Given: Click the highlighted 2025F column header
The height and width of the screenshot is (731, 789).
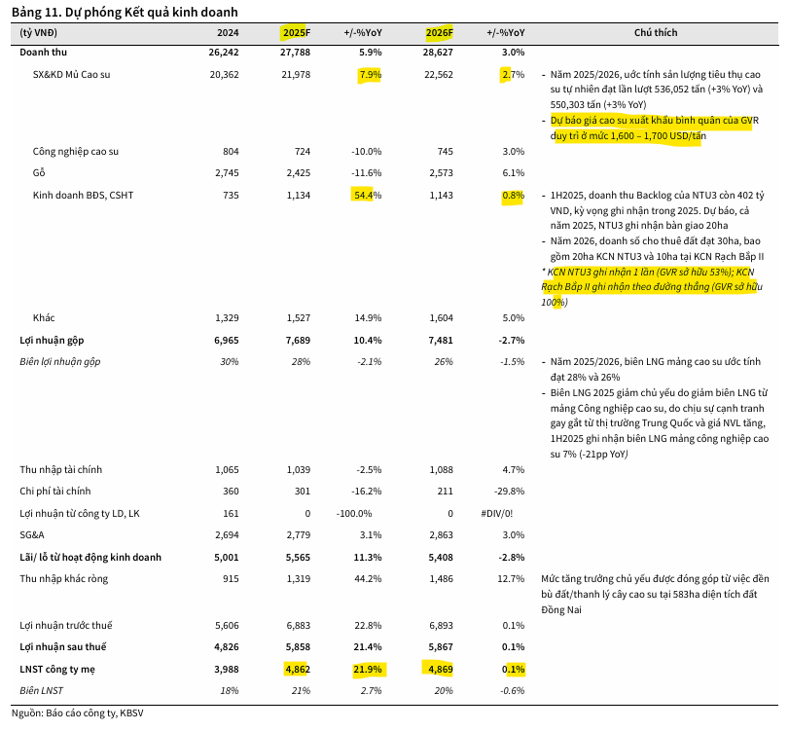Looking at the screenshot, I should point(295,32).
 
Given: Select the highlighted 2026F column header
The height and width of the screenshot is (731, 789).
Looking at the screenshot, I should point(438,32).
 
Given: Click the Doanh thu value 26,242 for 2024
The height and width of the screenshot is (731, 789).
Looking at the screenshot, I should point(223,51).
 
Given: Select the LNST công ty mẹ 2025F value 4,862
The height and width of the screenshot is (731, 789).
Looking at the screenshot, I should point(295,669).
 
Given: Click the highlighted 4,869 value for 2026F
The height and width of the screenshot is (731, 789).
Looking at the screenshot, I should point(438,669).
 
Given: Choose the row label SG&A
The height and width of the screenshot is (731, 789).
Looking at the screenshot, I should point(32,535).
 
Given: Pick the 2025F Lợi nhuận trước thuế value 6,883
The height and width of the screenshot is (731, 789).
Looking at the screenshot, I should point(295,624).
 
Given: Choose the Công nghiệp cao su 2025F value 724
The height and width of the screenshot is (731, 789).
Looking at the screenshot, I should point(300,151).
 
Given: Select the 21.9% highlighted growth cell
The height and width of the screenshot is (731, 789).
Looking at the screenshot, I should point(367,669).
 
